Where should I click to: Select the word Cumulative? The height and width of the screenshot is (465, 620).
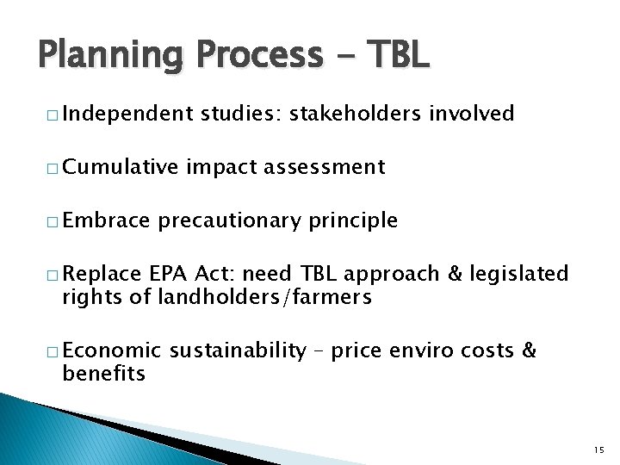(x=120, y=167)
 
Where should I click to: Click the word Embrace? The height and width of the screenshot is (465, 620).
(x=105, y=220)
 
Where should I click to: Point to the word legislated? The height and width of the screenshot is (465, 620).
(x=520, y=274)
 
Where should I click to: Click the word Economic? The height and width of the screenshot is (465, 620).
(x=112, y=350)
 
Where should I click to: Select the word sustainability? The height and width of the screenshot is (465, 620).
(x=238, y=350)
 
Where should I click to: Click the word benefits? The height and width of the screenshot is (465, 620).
(x=103, y=374)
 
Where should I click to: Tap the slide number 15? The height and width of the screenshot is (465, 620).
(x=599, y=449)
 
